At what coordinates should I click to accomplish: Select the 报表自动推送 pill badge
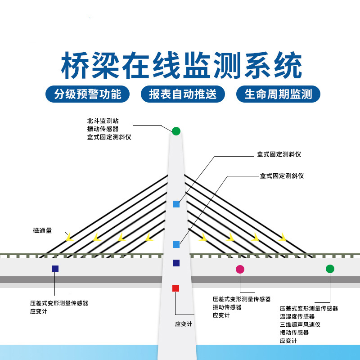click(x=183, y=94)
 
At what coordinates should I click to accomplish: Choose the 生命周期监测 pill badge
click(x=278, y=94)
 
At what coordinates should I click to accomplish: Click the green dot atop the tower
click(x=176, y=131)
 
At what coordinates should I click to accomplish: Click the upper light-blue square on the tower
click(x=176, y=204)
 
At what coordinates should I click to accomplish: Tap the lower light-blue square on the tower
click(x=176, y=244)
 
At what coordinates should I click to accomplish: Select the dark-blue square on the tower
click(x=176, y=263)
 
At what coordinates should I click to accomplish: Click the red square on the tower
click(x=176, y=288)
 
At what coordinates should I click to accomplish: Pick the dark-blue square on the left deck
click(x=55, y=269)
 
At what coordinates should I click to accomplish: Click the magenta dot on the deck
click(x=240, y=269)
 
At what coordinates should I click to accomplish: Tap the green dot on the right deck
click(x=330, y=269)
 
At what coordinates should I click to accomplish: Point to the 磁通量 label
click(x=42, y=230)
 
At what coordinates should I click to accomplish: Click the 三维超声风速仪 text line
click(x=300, y=324)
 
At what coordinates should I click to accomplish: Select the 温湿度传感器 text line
click(x=297, y=316)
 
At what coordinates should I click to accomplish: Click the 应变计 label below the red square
click(x=184, y=324)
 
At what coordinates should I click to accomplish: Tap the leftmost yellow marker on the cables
click(x=69, y=237)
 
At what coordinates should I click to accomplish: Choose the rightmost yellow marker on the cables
click(x=282, y=237)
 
